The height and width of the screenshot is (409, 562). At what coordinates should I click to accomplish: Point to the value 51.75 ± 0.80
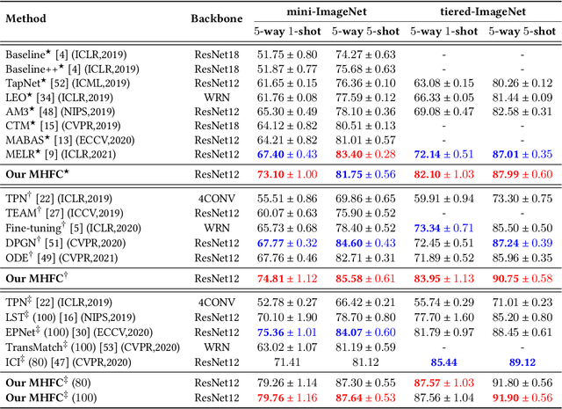pyautogui.click(x=284, y=55)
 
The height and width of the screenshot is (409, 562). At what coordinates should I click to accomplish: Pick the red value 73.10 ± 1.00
pyautogui.click(x=284, y=174)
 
